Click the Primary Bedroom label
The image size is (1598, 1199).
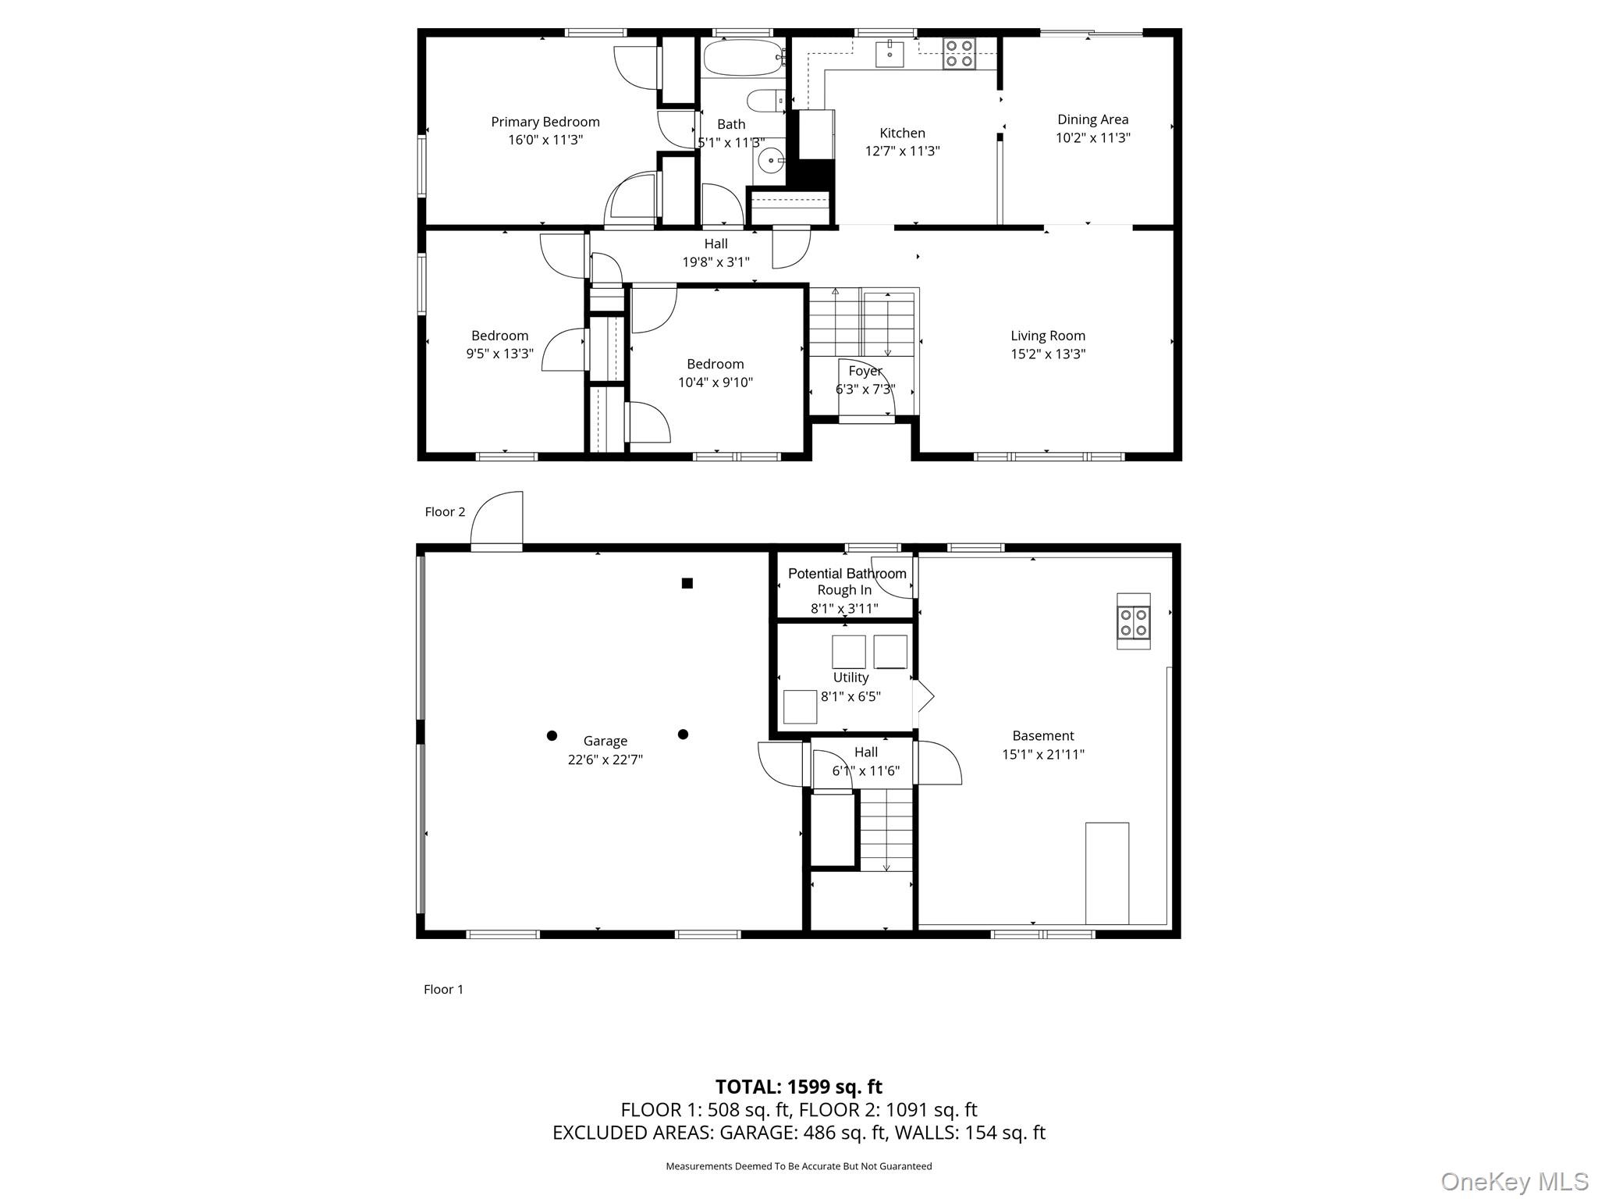(545, 122)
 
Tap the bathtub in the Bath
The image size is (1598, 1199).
(742, 58)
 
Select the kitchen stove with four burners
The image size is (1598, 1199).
(959, 54)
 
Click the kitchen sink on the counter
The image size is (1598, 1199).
(890, 54)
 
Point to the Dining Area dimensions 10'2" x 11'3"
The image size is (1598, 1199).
(1092, 138)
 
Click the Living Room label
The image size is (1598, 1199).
(1047, 336)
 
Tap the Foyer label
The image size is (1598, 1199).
(865, 372)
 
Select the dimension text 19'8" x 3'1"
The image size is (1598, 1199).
(716, 262)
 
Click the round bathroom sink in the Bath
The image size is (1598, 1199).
(770, 161)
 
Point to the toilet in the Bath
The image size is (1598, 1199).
(765, 101)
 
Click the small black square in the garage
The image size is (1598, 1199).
(687, 583)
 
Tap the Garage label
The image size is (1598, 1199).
(605, 741)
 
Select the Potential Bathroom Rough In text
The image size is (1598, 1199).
(847, 582)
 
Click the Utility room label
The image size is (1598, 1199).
(850, 678)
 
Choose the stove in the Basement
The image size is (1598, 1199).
(1133, 621)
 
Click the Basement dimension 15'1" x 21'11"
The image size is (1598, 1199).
(1042, 755)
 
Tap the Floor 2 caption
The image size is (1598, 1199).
(445, 512)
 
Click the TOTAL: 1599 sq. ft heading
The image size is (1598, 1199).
(798, 1087)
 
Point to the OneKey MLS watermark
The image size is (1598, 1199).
(1514, 1181)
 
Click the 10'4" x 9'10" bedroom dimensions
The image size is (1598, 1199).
(715, 382)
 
